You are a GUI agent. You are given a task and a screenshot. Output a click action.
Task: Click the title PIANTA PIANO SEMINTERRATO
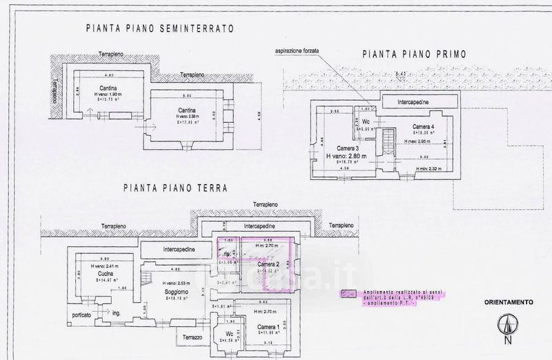160,29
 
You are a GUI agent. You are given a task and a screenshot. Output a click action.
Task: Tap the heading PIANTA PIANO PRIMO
413,54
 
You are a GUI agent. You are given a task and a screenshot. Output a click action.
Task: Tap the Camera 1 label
268,326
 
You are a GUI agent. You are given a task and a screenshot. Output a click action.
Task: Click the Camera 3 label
349,149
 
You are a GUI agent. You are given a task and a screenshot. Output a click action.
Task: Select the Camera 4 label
424,127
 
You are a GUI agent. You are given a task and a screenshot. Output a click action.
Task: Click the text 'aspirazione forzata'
300,51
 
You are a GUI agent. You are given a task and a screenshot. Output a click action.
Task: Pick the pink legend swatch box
350,293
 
